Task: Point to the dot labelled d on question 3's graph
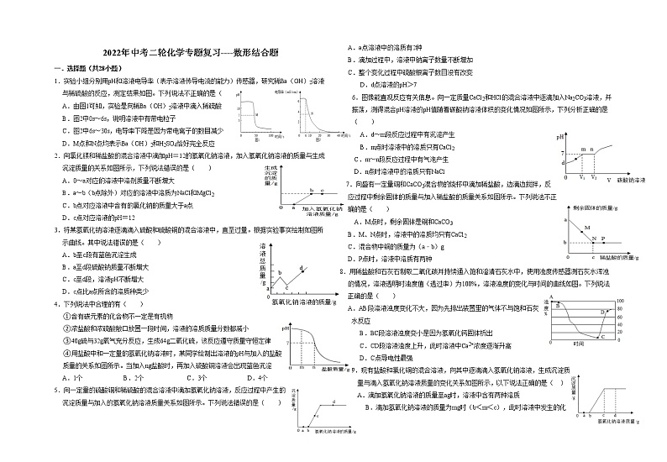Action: click(301, 266)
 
